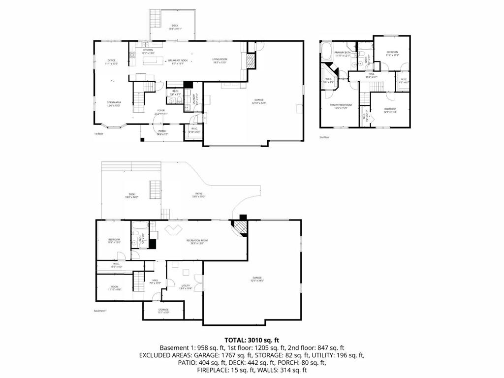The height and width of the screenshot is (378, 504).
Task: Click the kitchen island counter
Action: (x=153, y=61)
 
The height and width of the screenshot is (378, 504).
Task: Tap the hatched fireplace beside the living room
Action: (x=250, y=61)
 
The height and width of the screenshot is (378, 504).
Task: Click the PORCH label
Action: (x=162, y=131)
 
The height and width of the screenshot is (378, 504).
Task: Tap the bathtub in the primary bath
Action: (x=326, y=49)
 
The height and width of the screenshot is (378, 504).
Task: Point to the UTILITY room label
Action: (x=186, y=286)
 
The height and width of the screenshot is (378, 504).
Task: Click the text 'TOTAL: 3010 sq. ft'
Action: (x=252, y=340)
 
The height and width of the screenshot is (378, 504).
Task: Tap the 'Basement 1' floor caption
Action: (x=100, y=311)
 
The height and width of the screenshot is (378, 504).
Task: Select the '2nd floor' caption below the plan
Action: (x=324, y=137)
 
